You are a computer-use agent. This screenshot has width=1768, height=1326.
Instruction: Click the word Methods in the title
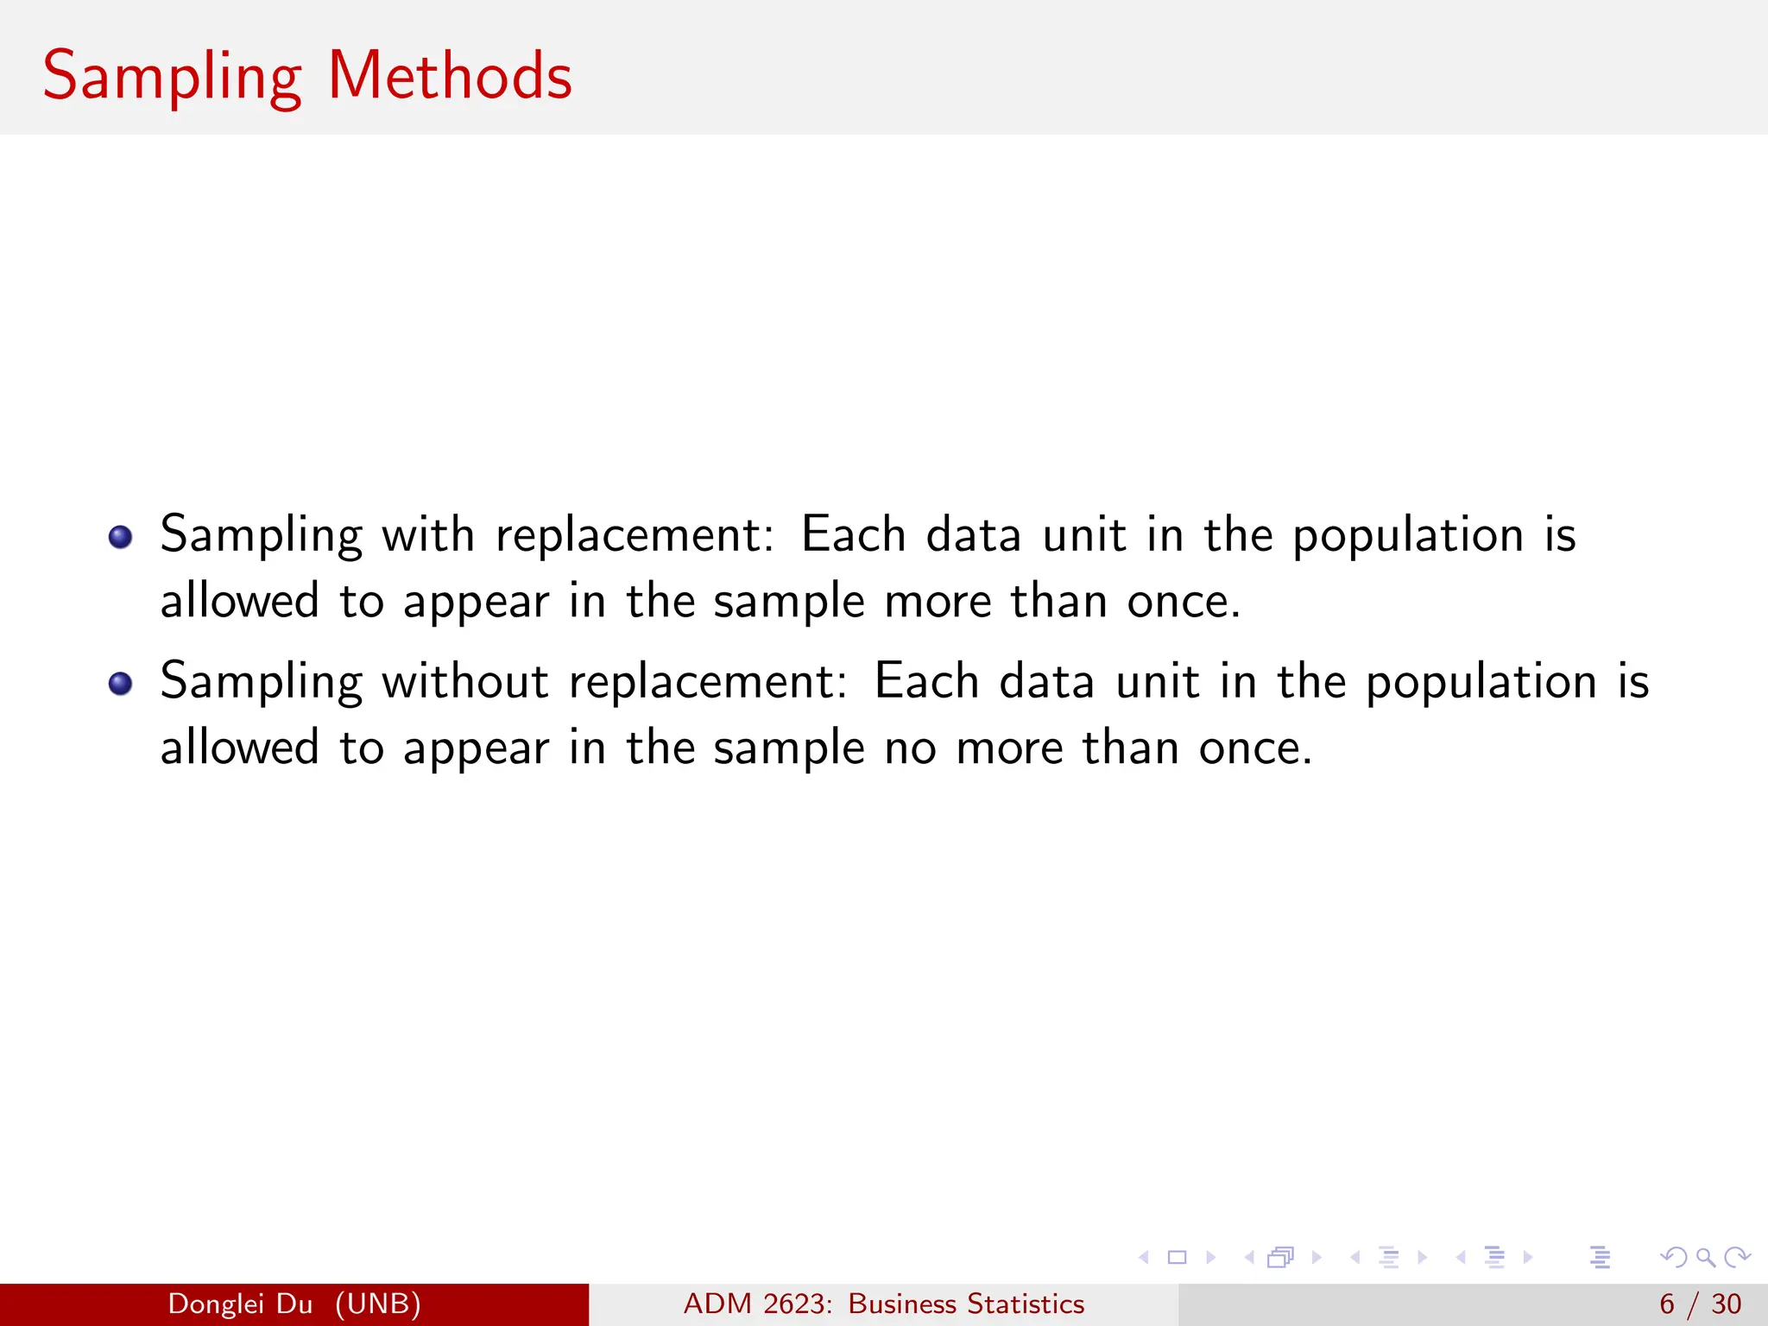[x=450, y=76]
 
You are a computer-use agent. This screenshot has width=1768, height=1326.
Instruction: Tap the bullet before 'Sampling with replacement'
[x=120, y=537]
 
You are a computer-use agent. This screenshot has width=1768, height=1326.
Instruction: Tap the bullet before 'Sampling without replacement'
[x=120, y=684]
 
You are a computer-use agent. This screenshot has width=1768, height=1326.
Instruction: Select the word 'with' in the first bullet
[x=428, y=534]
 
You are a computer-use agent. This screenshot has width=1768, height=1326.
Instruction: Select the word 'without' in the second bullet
[x=465, y=681]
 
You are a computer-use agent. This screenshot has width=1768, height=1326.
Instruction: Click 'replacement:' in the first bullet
[x=635, y=536]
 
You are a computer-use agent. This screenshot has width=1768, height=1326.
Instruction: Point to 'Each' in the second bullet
[x=926, y=681]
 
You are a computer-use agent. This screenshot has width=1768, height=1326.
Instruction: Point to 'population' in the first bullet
[x=1408, y=536]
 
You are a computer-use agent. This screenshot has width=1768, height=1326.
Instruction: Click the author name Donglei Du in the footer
[x=240, y=1304]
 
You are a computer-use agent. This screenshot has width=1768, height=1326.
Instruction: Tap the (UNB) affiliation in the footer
[x=378, y=1304]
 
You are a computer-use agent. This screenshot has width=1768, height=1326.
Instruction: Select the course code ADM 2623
[x=756, y=1304]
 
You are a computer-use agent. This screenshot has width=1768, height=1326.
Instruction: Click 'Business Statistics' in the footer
[x=966, y=1304]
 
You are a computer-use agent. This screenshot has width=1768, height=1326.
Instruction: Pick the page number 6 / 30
[x=1700, y=1304]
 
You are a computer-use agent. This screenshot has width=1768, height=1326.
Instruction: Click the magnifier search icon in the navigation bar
[x=1705, y=1257]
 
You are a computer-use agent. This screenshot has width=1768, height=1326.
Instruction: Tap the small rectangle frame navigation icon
[x=1177, y=1257]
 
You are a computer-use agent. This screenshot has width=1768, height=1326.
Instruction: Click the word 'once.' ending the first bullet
[x=1184, y=601]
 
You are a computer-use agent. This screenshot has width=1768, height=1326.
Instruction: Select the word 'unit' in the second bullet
[x=1157, y=681]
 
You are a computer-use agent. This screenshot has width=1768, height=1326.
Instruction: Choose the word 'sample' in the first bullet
[x=788, y=603]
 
